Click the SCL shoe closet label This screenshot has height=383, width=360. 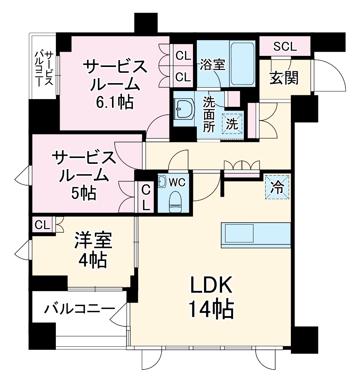click(285, 47)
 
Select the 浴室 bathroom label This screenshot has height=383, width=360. click(212, 64)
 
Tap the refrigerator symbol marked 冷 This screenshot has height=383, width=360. click(277, 187)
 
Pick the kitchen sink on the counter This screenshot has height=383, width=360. click(239, 233)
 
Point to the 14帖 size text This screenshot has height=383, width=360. click(211, 310)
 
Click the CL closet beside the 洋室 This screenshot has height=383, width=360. click(42, 225)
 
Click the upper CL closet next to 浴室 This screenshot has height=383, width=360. click(183, 56)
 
